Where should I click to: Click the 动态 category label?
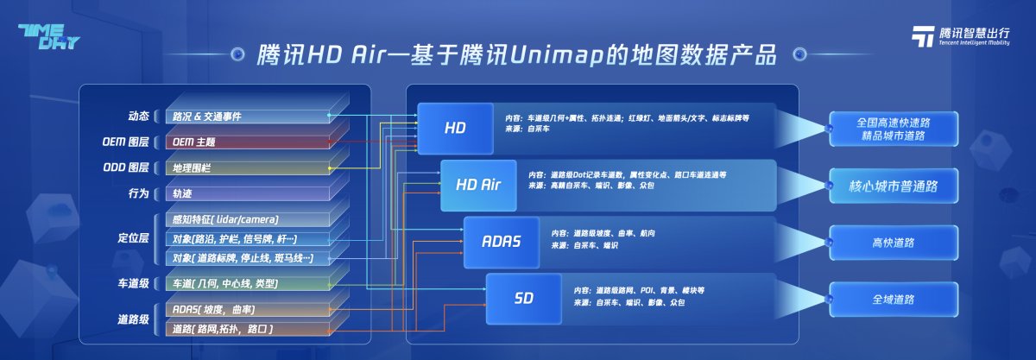(137, 116)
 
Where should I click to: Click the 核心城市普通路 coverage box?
(893, 184)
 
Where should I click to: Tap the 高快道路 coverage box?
(893, 242)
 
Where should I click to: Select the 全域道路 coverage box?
(893, 299)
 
